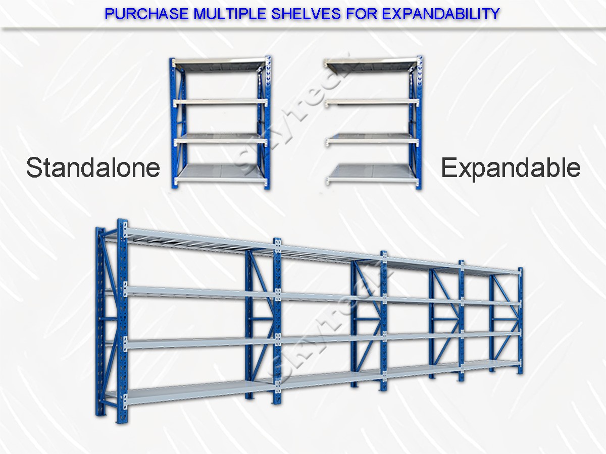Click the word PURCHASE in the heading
[x=146, y=14]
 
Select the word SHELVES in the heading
[x=306, y=14]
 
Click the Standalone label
[x=93, y=167]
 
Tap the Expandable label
[x=511, y=168]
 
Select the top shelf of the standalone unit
[x=220, y=63]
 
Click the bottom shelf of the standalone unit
[x=221, y=174]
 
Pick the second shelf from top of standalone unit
[x=220, y=102]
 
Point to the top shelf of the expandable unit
[x=371, y=64]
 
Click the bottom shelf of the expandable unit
[x=372, y=174]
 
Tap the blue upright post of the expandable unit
[x=419, y=123]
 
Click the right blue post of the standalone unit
[x=268, y=123]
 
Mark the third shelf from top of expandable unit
[x=372, y=140]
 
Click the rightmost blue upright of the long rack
[x=520, y=321]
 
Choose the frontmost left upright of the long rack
[x=122, y=321]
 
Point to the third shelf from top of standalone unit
[x=221, y=140]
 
